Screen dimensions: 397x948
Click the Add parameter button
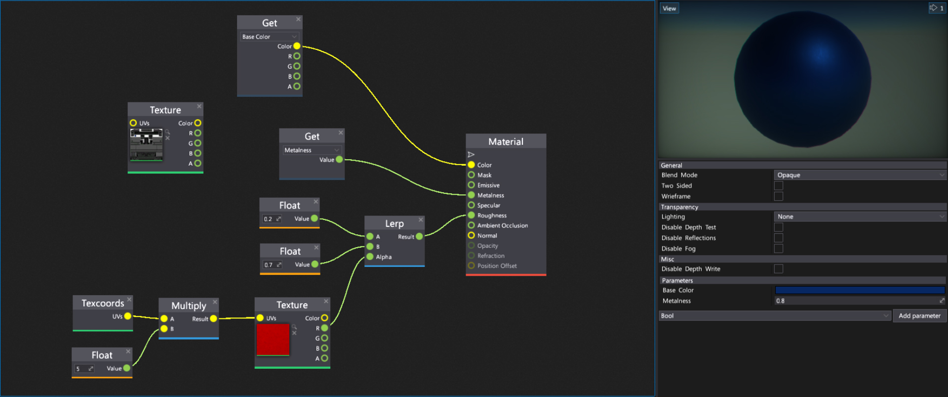tap(919, 316)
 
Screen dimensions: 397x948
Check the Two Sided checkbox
tap(779, 186)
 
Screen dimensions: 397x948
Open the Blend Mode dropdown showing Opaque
tap(860, 175)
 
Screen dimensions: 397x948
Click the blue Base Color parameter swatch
tap(860, 290)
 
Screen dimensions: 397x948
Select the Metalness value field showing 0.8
tap(857, 301)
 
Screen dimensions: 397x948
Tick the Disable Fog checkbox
tap(779, 249)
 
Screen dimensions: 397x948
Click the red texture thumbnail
tap(273, 339)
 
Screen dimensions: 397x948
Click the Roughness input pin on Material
tap(471, 215)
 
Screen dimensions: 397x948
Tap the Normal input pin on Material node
tap(471, 235)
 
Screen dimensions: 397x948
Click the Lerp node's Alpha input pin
tap(370, 257)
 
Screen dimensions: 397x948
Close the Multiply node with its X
tap(215, 302)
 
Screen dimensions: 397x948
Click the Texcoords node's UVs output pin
tap(128, 316)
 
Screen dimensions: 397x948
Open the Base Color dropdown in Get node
tap(270, 37)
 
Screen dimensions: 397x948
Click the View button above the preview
tap(669, 8)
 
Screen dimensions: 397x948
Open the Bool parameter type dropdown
tap(775, 316)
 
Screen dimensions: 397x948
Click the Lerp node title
tap(394, 223)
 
